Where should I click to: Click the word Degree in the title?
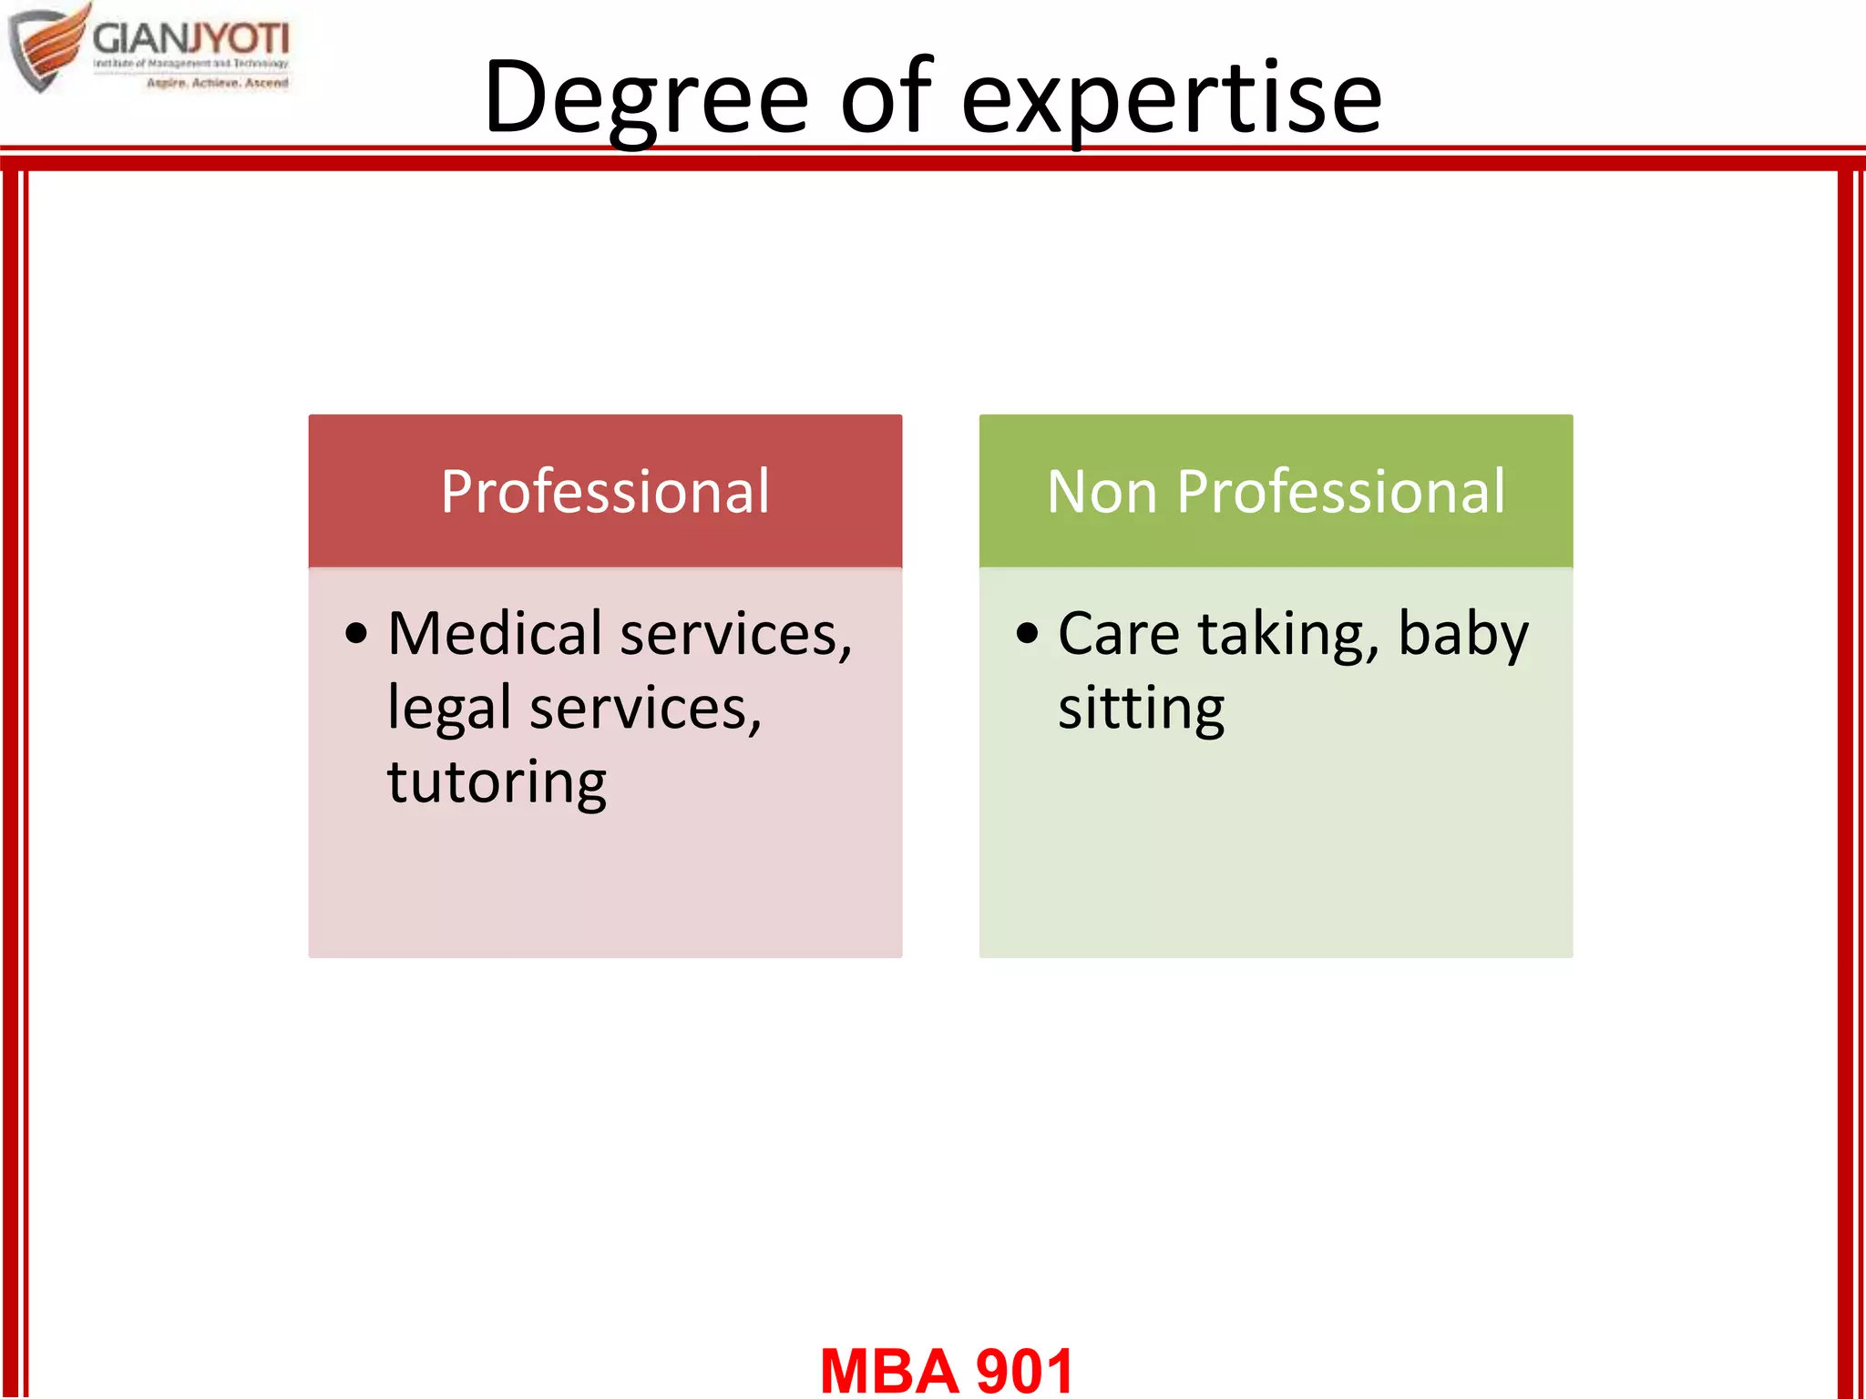tap(646, 97)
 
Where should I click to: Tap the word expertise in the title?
tap(1172, 97)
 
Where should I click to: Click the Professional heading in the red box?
tap(605, 492)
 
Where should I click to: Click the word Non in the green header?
tap(1102, 492)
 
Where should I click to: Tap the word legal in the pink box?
tap(448, 709)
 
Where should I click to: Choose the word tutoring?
tap(497, 782)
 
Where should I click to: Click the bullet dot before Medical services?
tap(356, 634)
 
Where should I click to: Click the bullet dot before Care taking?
tap(1027, 634)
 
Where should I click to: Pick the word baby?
tap(1462, 634)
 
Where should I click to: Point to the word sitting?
tap(1141, 709)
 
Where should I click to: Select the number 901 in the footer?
tap(1024, 1371)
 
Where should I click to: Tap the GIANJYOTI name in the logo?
tap(190, 38)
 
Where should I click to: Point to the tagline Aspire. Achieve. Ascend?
tap(217, 83)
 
